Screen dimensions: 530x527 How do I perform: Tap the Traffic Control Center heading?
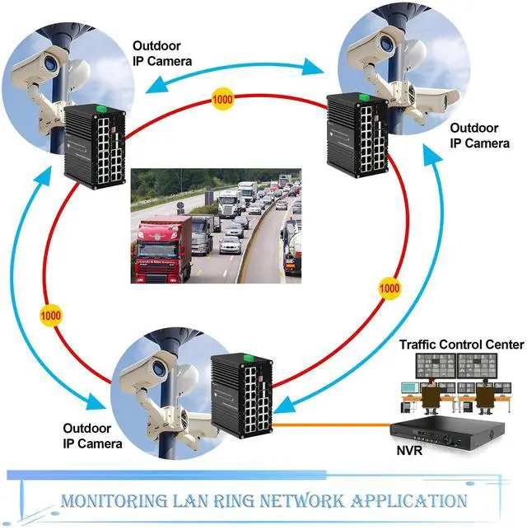point(461,344)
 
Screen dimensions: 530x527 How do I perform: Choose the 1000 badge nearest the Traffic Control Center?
point(389,288)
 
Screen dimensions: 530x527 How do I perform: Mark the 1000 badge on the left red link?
point(50,316)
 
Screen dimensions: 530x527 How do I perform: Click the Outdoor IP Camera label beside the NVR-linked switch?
point(93,436)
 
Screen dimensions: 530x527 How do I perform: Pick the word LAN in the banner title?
point(196,500)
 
